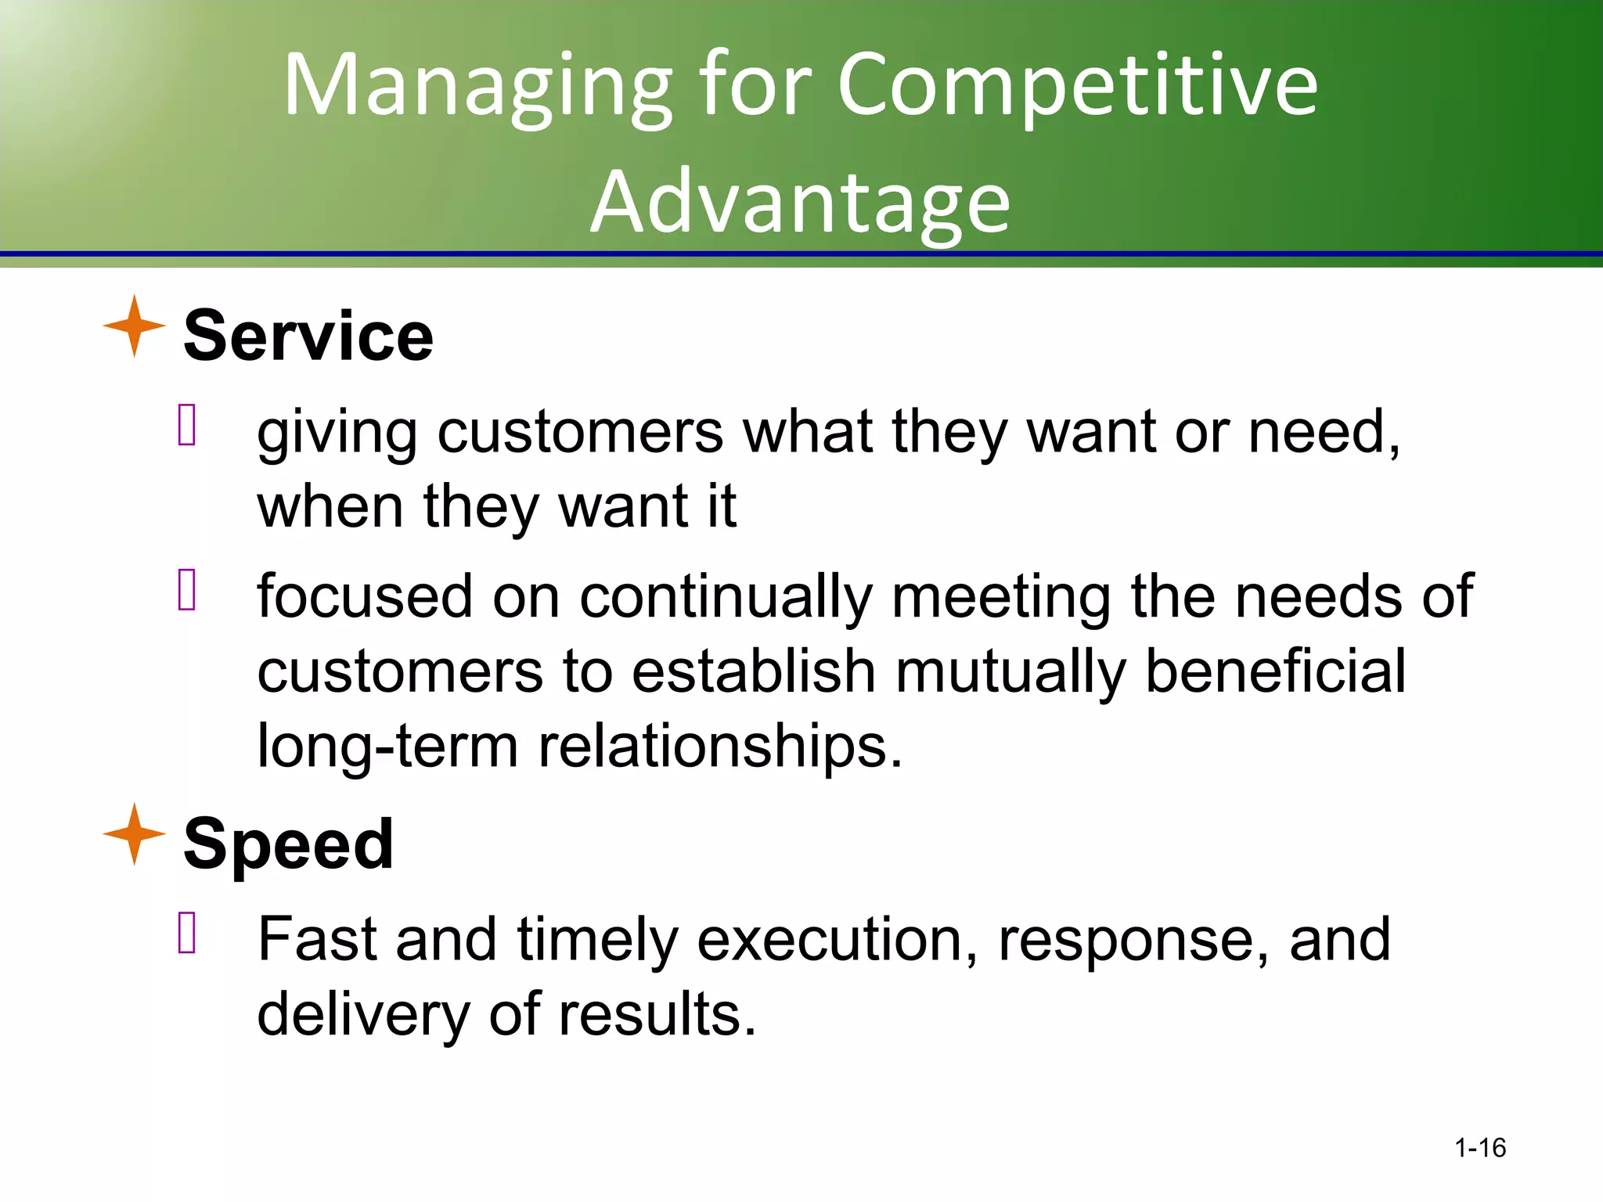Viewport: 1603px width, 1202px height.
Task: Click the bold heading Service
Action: coord(308,336)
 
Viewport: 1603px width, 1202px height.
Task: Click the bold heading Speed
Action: coord(288,844)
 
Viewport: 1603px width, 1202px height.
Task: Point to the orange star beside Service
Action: coord(135,326)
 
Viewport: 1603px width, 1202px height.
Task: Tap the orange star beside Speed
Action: coord(135,833)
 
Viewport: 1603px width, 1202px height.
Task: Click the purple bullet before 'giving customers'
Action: coord(186,425)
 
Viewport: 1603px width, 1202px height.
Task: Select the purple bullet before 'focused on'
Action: coord(186,589)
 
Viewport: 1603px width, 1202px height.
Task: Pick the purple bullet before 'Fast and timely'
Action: coord(186,933)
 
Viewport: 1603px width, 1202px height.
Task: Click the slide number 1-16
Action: coord(1479,1147)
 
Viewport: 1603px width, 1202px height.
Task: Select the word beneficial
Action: coord(1275,671)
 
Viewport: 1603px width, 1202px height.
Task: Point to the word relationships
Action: coord(720,746)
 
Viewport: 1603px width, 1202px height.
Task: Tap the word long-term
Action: coord(387,746)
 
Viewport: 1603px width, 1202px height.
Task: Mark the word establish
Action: coord(753,671)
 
